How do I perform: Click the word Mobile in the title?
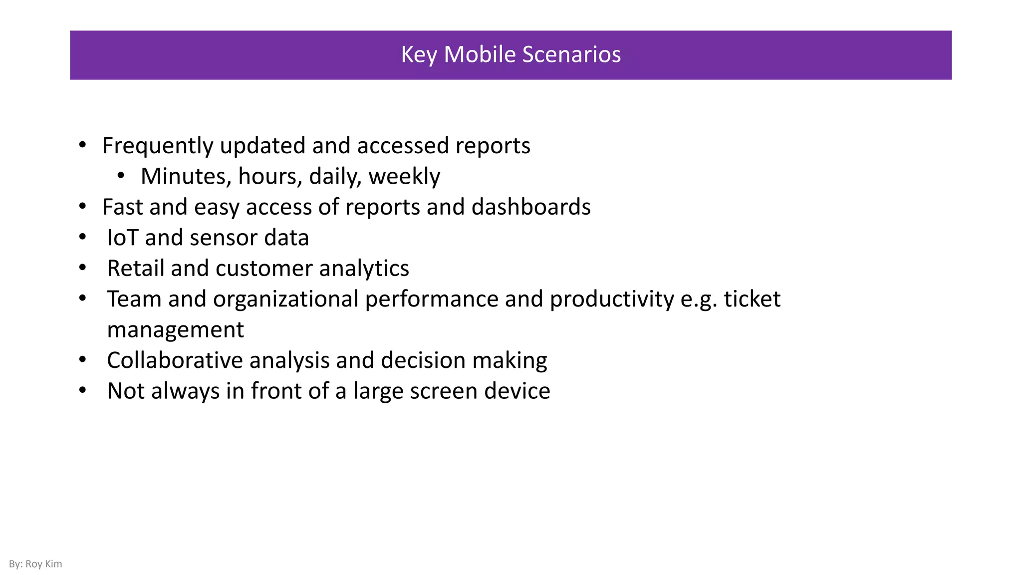[x=479, y=54]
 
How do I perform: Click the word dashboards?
[x=530, y=207]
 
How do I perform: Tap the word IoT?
[x=122, y=238]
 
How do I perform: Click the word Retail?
[x=136, y=269]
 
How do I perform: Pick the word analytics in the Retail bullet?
[x=364, y=269]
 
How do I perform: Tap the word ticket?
[x=752, y=299]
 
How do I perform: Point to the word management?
[x=175, y=330]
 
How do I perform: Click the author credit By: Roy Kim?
[x=35, y=564]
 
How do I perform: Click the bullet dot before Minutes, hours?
[x=121, y=176]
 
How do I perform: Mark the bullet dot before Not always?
[x=83, y=390]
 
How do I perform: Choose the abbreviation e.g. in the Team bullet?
[x=699, y=299]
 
